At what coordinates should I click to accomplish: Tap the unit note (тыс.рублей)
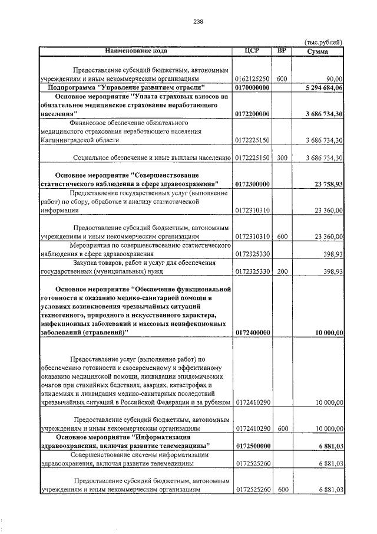(323, 42)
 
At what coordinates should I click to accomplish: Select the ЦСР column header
(252, 51)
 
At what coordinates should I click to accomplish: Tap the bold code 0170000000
(252, 87)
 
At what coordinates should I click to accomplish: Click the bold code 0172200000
(252, 114)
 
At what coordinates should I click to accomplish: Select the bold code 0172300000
(252, 185)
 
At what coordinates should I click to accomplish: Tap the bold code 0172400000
(252, 333)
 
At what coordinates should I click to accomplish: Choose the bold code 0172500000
(252, 446)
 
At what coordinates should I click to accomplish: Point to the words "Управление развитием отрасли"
(154, 87)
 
